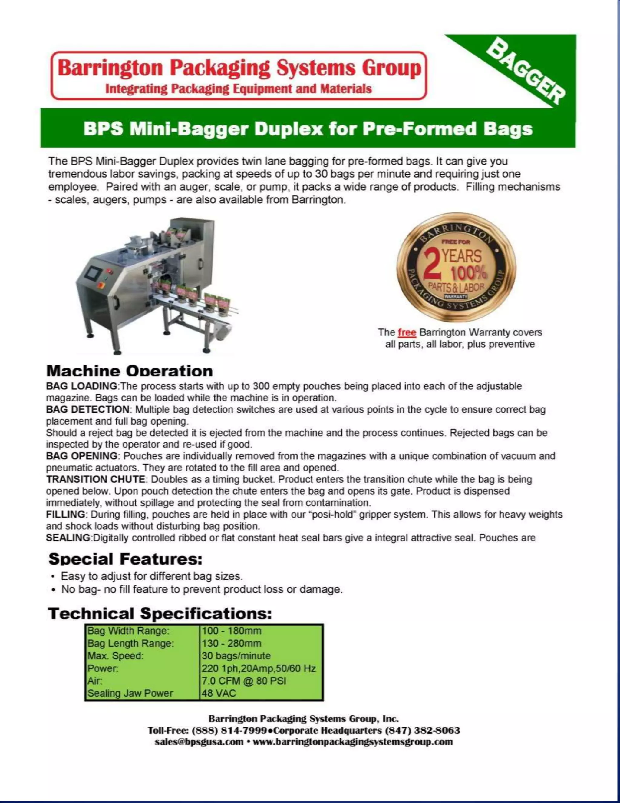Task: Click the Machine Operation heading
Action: [x=130, y=371]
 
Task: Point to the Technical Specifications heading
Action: [x=160, y=613]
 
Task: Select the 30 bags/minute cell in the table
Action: [x=236, y=656]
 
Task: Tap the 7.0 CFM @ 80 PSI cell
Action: [x=244, y=681]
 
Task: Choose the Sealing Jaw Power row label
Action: [x=130, y=693]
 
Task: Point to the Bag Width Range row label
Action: [x=128, y=631]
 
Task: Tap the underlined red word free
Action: [x=407, y=332]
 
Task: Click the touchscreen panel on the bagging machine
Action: [x=93, y=273]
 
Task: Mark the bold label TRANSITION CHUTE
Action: [x=95, y=479]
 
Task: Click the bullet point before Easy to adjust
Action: [x=54, y=577]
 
